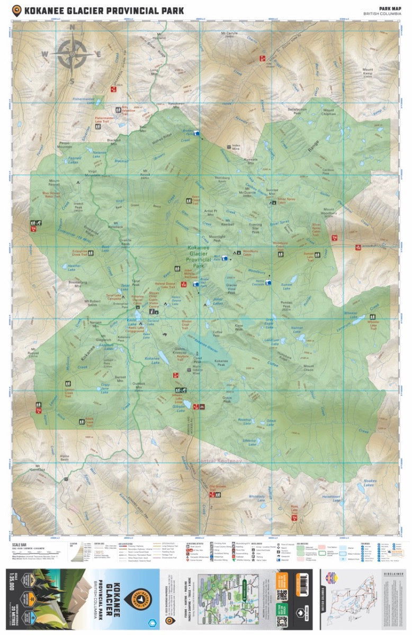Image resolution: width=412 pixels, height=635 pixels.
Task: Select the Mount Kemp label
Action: pos(367,72)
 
